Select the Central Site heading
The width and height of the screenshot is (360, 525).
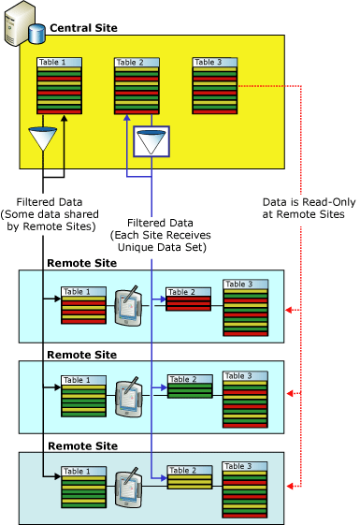83,29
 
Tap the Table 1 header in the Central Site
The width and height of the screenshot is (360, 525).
52,62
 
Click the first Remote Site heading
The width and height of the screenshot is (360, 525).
81,264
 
